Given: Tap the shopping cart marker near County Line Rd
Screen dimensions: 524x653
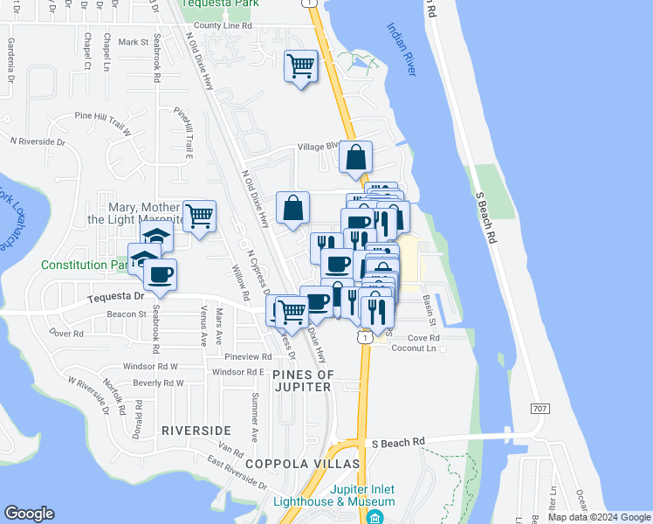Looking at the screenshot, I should [300, 65].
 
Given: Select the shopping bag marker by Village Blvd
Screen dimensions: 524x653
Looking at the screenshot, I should [356, 157].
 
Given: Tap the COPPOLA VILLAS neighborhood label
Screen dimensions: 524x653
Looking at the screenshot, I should [290, 463].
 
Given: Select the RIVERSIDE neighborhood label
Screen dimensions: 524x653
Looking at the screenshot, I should [196, 431].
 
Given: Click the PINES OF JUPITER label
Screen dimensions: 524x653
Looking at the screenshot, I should [304, 381].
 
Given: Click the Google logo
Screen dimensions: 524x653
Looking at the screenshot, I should [29, 514].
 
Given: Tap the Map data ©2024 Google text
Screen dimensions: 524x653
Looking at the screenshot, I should [598, 517].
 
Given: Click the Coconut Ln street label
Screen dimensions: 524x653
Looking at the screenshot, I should [412, 348].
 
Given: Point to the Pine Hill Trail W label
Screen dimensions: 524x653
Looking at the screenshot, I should [102, 116].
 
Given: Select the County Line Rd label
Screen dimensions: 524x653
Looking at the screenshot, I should [223, 26].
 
